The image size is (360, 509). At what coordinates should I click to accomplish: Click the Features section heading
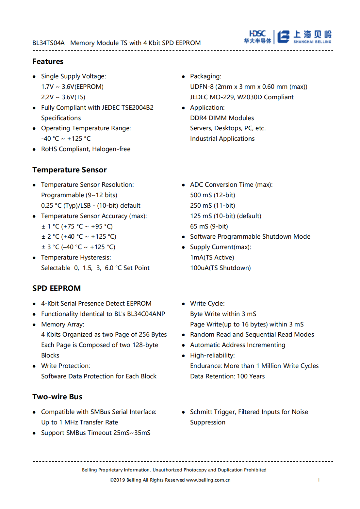48,61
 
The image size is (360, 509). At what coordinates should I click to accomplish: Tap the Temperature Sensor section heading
70,170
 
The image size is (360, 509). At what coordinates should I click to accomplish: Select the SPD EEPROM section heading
57,288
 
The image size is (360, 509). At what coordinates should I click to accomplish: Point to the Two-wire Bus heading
57,397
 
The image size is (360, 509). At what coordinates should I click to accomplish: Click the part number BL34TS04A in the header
48,43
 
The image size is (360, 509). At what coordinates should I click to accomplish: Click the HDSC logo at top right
257,37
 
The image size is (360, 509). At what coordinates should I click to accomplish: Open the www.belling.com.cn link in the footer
208,480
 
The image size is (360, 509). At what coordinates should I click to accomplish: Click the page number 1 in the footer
319,480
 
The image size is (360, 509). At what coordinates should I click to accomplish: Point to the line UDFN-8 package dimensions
249,87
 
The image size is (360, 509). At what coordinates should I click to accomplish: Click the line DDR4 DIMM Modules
222,118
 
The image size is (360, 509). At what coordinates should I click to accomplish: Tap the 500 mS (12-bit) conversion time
213,195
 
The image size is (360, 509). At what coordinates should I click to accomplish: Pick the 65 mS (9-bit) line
209,226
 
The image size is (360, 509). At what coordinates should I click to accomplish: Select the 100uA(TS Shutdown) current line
221,268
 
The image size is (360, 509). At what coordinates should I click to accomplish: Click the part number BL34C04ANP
146,314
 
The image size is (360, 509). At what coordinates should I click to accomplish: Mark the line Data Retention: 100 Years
227,376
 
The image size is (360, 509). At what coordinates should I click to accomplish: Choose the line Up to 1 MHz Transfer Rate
79,422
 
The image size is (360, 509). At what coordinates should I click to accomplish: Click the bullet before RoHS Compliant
34,150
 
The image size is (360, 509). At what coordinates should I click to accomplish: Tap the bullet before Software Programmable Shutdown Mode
183,237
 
